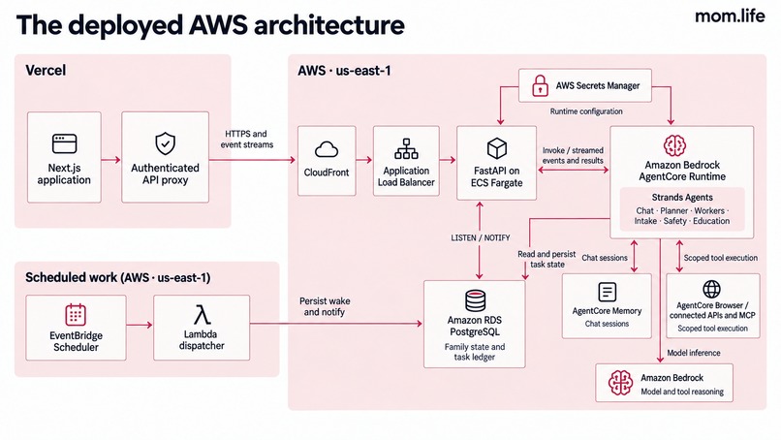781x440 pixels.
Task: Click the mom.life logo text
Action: click(x=730, y=16)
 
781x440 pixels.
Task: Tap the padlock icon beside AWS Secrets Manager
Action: click(x=540, y=85)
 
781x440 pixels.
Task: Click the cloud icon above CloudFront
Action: click(x=327, y=149)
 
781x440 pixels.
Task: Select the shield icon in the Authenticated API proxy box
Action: click(x=165, y=143)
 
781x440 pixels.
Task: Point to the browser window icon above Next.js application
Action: click(x=64, y=143)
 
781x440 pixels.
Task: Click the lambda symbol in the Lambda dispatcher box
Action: click(x=202, y=315)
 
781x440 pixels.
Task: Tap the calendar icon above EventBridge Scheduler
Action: click(x=76, y=315)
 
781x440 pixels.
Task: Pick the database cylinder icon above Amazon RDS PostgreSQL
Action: click(x=475, y=300)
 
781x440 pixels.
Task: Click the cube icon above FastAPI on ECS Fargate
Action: click(x=496, y=148)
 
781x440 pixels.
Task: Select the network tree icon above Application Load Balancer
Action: click(x=406, y=148)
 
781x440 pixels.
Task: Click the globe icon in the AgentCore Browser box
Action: click(x=711, y=289)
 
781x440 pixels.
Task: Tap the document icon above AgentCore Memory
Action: click(x=607, y=292)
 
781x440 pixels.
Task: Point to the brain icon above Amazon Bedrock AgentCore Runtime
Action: click(x=675, y=145)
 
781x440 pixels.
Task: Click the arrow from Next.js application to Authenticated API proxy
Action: click(x=111, y=160)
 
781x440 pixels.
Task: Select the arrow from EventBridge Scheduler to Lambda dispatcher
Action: click(x=139, y=325)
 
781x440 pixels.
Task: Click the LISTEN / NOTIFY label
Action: click(x=481, y=238)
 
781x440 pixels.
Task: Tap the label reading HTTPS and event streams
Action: click(x=246, y=139)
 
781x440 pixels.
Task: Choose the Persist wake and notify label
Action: click(x=325, y=306)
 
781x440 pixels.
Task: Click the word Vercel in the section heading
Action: click(x=46, y=70)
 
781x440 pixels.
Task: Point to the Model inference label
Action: click(x=694, y=353)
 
